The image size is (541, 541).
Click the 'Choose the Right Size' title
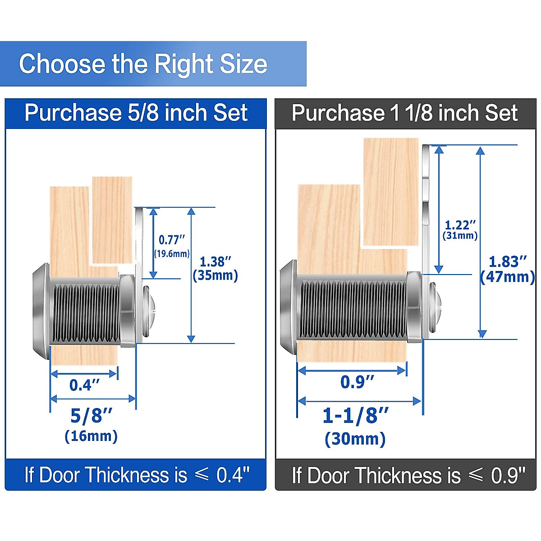(143, 64)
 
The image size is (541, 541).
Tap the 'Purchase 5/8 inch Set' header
(136, 113)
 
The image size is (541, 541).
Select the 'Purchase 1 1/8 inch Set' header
(404, 113)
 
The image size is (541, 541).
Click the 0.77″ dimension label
(172, 240)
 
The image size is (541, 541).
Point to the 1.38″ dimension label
(215, 261)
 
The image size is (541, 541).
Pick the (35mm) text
(215, 275)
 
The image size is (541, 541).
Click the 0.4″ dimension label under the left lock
(84, 385)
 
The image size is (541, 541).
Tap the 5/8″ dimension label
(91, 416)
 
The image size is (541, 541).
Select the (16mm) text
(91, 436)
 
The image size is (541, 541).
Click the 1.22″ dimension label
(460, 225)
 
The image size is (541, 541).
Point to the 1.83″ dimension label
(508, 261)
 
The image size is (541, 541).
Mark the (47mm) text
(508, 277)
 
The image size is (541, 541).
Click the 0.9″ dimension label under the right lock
(357, 382)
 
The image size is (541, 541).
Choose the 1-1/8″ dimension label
(355, 416)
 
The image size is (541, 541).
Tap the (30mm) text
(355, 439)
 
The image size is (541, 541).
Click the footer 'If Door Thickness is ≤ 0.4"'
(136, 475)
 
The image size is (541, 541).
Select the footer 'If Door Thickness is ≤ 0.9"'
(408, 475)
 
